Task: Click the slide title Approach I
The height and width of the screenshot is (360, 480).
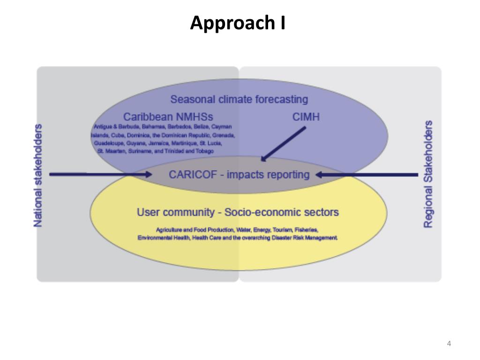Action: point(238,22)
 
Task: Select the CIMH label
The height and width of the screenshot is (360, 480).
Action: point(306,117)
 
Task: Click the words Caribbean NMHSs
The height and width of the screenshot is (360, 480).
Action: point(165,117)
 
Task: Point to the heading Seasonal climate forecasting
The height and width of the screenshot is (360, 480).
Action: point(239,99)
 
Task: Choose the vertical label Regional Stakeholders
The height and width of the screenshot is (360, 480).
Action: point(428,174)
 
